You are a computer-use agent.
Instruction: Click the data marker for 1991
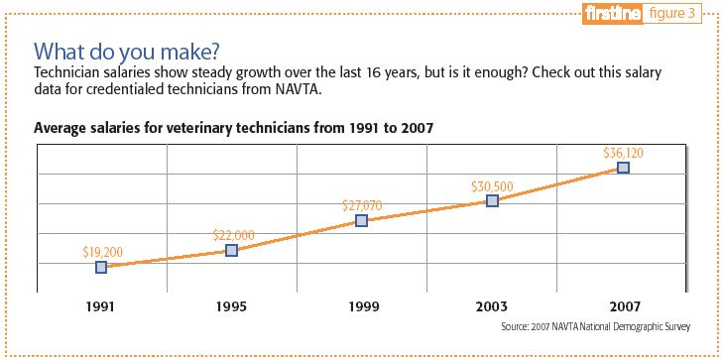[x=101, y=267]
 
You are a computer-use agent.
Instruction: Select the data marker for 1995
[x=231, y=250]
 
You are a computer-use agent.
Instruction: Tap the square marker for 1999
[x=362, y=221]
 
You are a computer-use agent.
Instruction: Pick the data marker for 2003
[x=492, y=200]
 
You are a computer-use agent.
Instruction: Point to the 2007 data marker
[x=623, y=168]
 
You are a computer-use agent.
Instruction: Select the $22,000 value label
[x=233, y=235]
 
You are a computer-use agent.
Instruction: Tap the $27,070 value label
[x=363, y=205]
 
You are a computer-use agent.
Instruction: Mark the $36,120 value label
[x=623, y=153]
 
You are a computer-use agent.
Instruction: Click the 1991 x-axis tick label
[x=101, y=306]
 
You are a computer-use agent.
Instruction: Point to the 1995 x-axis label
[x=231, y=306]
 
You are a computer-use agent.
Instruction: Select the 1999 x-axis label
[x=362, y=306]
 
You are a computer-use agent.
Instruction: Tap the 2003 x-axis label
[x=492, y=306]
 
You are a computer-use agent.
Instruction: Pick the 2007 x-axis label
[x=623, y=306]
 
